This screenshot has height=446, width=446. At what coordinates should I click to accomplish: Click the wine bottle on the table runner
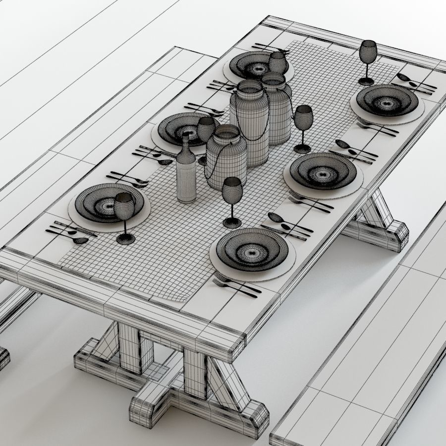(186, 173)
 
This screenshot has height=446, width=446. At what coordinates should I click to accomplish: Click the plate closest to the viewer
(252, 249)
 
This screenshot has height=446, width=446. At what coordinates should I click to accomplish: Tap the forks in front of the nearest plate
(236, 287)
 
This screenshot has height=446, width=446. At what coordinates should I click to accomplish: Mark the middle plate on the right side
(323, 171)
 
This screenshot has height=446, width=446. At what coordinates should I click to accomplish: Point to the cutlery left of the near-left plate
(69, 232)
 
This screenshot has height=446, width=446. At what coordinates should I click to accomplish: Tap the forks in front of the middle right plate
(310, 202)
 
